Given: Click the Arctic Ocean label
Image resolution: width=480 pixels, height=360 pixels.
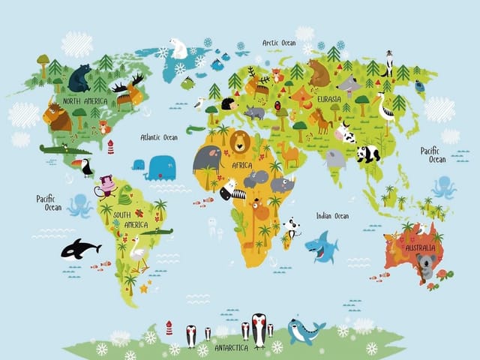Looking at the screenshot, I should coord(278,43).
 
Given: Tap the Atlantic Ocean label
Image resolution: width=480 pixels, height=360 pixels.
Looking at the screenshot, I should coord(159,137).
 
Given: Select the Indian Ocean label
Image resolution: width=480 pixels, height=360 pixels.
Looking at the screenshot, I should coord(332,216).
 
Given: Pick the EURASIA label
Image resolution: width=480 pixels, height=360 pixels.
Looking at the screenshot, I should coord(329,98).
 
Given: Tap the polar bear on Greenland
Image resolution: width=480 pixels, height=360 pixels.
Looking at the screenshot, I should coord(178,49).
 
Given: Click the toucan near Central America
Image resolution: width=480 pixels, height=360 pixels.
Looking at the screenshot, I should coord(85,166).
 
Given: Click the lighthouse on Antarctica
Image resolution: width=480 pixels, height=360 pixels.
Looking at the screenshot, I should coord(169,328).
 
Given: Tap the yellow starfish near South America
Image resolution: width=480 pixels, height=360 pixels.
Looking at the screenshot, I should coord(143,288).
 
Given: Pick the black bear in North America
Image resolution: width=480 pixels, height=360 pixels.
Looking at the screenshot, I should coord(79,77).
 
